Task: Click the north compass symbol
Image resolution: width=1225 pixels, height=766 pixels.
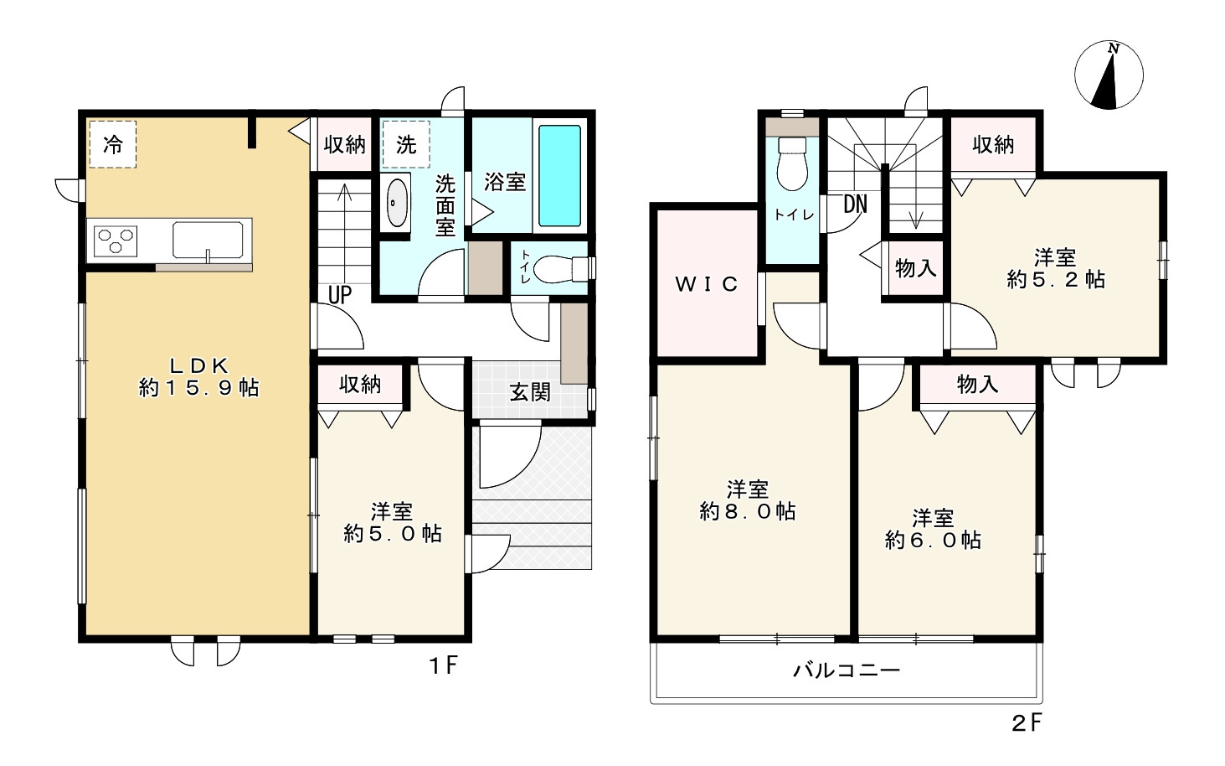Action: tap(1109, 75)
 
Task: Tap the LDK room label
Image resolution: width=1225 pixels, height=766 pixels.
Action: tap(199, 365)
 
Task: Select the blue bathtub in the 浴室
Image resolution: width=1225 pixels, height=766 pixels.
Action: tap(559, 176)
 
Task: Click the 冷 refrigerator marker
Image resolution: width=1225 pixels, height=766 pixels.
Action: tap(112, 144)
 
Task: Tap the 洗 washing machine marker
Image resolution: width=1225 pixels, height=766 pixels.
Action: tap(406, 144)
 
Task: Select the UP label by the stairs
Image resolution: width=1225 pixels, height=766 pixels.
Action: tap(339, 294)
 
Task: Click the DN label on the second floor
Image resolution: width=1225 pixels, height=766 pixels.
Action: tap(855, 204)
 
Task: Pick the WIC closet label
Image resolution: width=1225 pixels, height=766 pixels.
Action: tap(707, 284)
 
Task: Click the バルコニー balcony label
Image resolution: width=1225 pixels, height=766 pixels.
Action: tap(846, 670)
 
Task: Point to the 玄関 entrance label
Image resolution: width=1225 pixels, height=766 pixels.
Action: tap(530, 391)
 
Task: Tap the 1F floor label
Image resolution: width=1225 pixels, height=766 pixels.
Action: tap(443, 666)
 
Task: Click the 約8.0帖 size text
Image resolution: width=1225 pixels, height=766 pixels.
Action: tap(747, 511)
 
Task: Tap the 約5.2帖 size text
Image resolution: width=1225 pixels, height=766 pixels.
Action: tap(1055, 280)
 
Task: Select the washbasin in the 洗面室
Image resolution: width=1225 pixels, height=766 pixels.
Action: tap(396, 203)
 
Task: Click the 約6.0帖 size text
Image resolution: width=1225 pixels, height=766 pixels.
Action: tap(933, 540)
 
